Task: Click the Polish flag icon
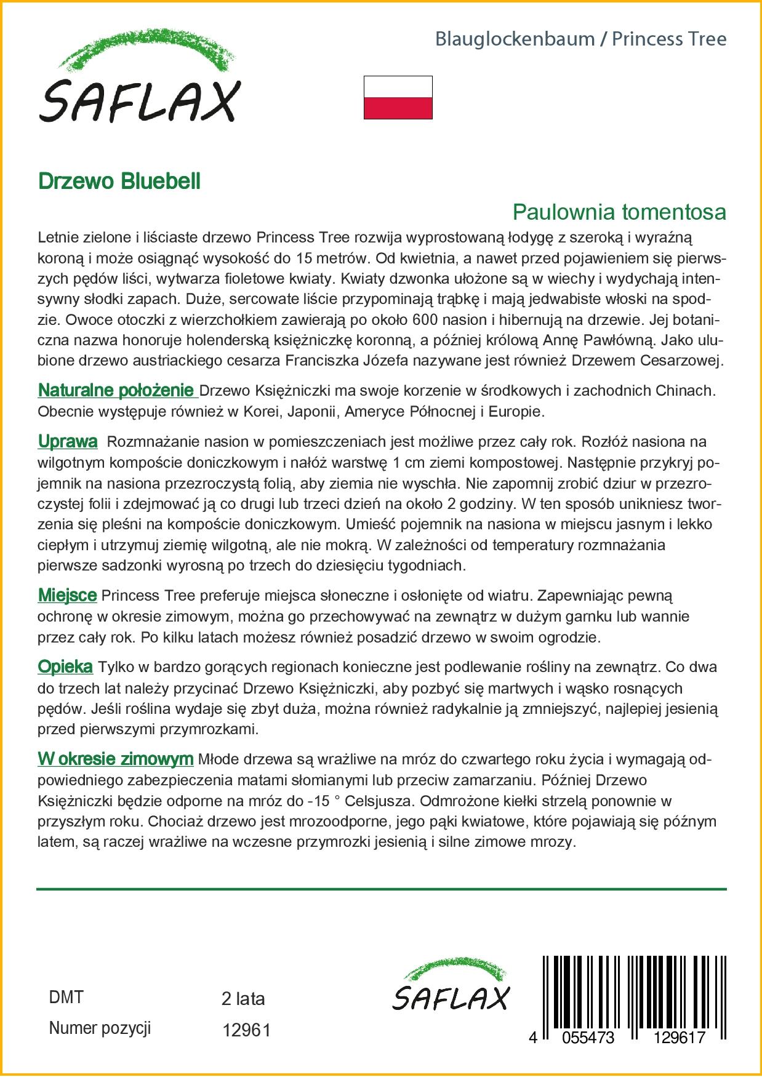398,97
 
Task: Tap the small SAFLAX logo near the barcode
451,985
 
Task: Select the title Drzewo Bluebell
119,182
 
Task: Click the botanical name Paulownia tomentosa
619,212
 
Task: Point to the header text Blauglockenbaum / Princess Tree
580,39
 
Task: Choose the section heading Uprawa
68,441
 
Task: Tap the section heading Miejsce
67,595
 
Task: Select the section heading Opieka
65,667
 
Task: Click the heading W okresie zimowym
116,759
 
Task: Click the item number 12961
246,1030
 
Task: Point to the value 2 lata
243,999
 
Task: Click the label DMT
66,998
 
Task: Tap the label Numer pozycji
100,1028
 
